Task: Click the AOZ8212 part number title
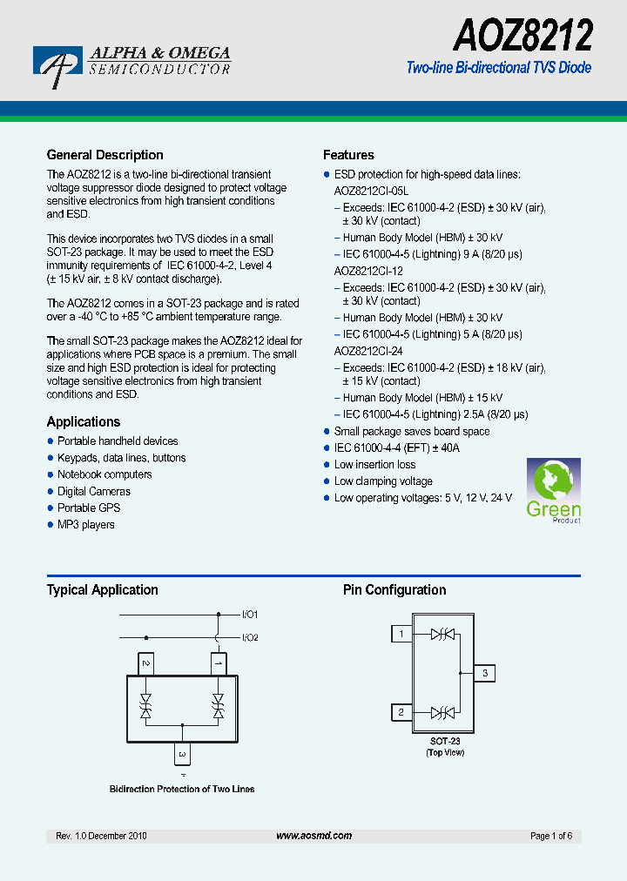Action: click(522, 37)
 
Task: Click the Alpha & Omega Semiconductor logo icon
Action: click(57, 66)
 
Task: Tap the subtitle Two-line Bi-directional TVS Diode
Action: click(499, 68)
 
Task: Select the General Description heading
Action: click(104, 155)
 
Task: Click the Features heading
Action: click(348, 155)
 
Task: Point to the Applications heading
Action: click(84, 422)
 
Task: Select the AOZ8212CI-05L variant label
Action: click(371, 191)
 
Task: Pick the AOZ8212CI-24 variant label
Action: click(368, 351)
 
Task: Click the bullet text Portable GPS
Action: click(89, 508)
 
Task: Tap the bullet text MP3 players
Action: click(86, 525)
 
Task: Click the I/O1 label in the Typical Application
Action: click(250, 615)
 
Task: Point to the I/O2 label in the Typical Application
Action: click(250, 637)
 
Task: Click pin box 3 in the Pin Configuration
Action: click(485, 673)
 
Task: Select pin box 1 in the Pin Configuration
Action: click(401, 634)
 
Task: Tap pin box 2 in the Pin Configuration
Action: click(401, 712)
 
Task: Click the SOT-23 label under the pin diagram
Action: click(444, 741)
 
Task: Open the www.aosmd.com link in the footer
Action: click(313, 836)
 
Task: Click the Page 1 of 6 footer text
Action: click(550, 836)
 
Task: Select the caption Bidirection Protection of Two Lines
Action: click(182, 789)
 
